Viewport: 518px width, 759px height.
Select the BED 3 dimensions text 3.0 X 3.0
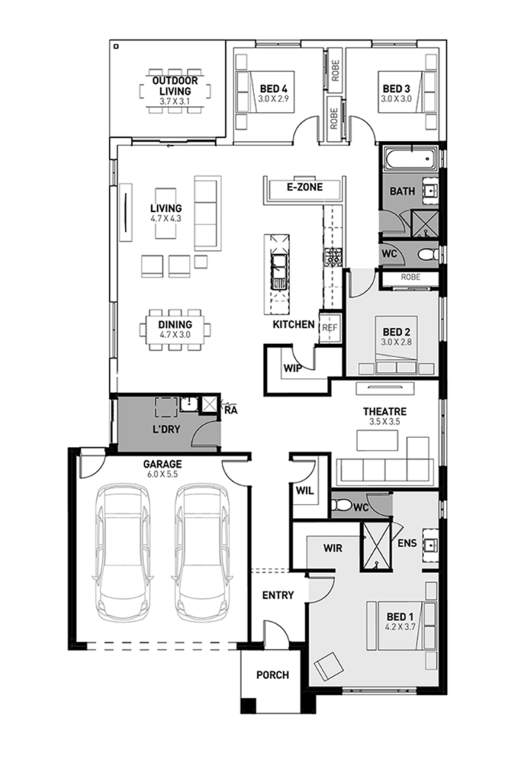pos(396,98)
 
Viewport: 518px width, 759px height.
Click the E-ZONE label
pos(305,188)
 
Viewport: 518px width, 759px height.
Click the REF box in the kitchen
pos(328,326)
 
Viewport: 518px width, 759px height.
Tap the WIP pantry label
pos(290,367)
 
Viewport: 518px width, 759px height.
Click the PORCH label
pos(272,675)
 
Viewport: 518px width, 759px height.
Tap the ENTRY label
pos(278,594)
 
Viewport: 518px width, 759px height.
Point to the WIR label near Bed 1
pos(332,548)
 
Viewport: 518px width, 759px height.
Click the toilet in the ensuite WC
pos(343,506)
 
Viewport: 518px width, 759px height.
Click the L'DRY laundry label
pos(167,430)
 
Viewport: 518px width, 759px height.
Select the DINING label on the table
pos(175,325)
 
